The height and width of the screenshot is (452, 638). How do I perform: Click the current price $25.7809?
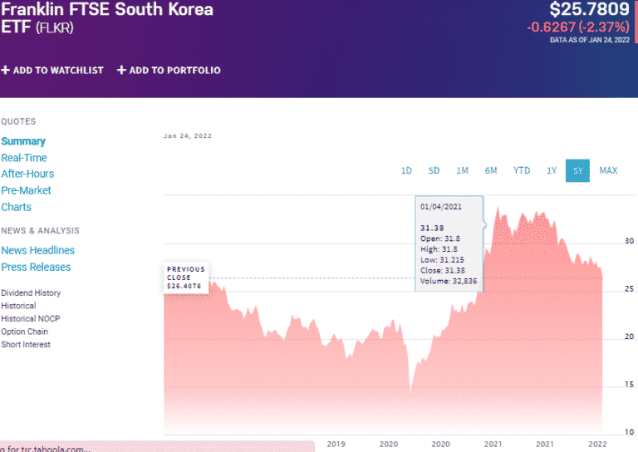click(x=589, y=10)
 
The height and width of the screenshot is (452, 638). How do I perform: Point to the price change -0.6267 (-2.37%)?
click(x=578, y=27)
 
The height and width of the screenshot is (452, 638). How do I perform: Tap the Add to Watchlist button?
click(x=52, y=71)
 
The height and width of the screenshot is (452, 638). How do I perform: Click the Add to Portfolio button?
click(x=169, y=71)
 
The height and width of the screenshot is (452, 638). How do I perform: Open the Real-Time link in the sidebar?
click(x=24, y=158)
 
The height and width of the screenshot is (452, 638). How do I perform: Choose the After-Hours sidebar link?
click(x=27, y=174)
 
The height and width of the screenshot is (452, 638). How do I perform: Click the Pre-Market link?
click(x=26, y=190)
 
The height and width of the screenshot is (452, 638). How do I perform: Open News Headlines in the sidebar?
click(x=37, y=250)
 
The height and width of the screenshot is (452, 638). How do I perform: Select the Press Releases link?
click(x=36, y=267)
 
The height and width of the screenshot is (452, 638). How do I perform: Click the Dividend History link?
click(x=31, y=292)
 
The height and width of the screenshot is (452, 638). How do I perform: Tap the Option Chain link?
click(x=26, y=332)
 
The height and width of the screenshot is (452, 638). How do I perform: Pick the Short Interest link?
click(x=26, y=344)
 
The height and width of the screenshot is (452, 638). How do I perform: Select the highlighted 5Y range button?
click(x=577, y=170)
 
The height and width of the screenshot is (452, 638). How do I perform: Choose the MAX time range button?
click(x=608, y=170)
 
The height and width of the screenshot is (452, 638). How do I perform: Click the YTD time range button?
click(x=521, y=170)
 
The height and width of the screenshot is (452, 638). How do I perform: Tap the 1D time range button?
click(x=406, y=170)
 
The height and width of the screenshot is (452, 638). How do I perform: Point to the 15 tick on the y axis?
click(x=629, y=384)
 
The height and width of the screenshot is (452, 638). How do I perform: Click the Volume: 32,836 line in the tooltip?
click(x=448, y=281)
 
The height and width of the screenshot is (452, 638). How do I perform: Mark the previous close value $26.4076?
click(x=184, y=286)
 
